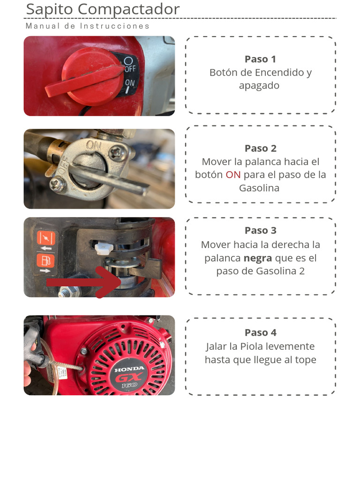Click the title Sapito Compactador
(x=103, y=9)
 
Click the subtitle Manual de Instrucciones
(x=88, y=26)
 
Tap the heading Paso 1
(x=260, y=59)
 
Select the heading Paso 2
(x=260, y=148)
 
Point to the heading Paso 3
(x=260, y=231)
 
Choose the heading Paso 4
(x=260, y=333)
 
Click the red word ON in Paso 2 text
(x=233, y=175)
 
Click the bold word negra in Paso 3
(x=257, y=258)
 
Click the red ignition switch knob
(x=89, y=77)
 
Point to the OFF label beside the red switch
(x=130, y=68)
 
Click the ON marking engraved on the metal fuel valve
(x=93, y=145)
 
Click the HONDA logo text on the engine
(x=129, y=369)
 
